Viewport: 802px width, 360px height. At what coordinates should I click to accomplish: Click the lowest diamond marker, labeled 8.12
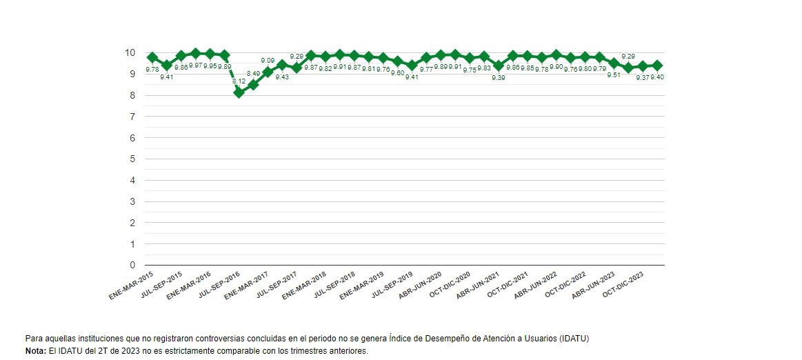click(239, 92)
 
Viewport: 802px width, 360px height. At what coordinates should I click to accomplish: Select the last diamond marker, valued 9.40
click(657, 66)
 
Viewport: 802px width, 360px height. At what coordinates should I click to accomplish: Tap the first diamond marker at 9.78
click(152, 57)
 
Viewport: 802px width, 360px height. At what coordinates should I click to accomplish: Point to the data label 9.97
click(196, 66)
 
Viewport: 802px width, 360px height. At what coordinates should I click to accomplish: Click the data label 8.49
click(254, 73)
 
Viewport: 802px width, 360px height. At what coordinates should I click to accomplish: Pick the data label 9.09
click(268, 61)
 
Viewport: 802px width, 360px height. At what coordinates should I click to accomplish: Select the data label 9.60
click(398, 72)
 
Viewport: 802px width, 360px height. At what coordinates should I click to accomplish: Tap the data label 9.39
click(499, 77)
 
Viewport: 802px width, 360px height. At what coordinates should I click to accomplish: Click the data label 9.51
click(614, 75)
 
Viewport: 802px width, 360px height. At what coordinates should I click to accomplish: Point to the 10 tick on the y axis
click(130, 53)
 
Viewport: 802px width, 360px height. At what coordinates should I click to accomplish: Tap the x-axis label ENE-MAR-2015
click(132, 285)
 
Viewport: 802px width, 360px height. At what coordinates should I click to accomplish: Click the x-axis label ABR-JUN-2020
click(420, 285)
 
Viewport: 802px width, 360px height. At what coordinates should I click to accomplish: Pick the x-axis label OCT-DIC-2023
click(623, 284)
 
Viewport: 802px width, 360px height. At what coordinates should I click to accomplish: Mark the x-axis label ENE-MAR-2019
click(363, 285)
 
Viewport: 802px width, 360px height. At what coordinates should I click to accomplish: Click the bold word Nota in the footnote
click(35, 351)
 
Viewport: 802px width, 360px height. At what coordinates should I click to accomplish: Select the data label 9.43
click(282, 77)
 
